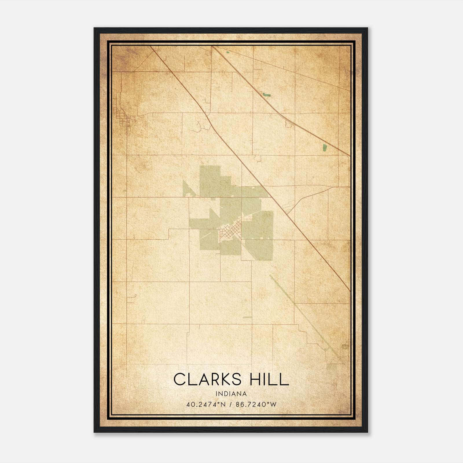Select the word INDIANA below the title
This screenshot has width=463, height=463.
[x=231, y=394]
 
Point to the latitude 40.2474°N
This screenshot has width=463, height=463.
[x=206, y=404]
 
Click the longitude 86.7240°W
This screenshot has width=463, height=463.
[x=256, y=404]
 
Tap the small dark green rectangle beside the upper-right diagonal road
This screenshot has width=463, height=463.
[x=267, y=94]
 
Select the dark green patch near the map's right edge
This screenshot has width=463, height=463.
[x=324, y=148]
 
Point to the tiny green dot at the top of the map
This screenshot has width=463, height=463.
[x=227, y=52]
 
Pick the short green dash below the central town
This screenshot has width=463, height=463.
[x=247, y=317]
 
